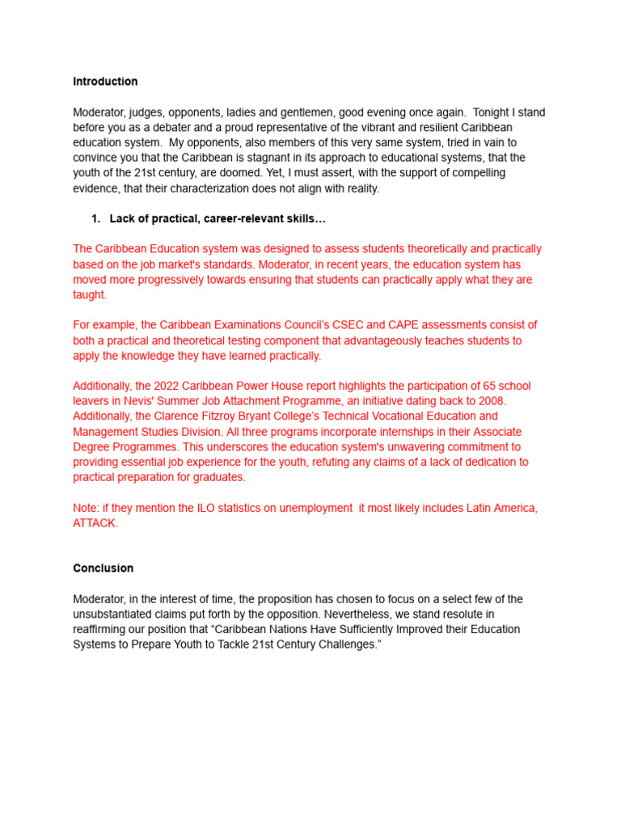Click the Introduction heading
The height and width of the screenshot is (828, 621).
105,82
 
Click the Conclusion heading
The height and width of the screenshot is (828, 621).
103,568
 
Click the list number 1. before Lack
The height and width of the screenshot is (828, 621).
95,219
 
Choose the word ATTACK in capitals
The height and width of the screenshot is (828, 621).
95,523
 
